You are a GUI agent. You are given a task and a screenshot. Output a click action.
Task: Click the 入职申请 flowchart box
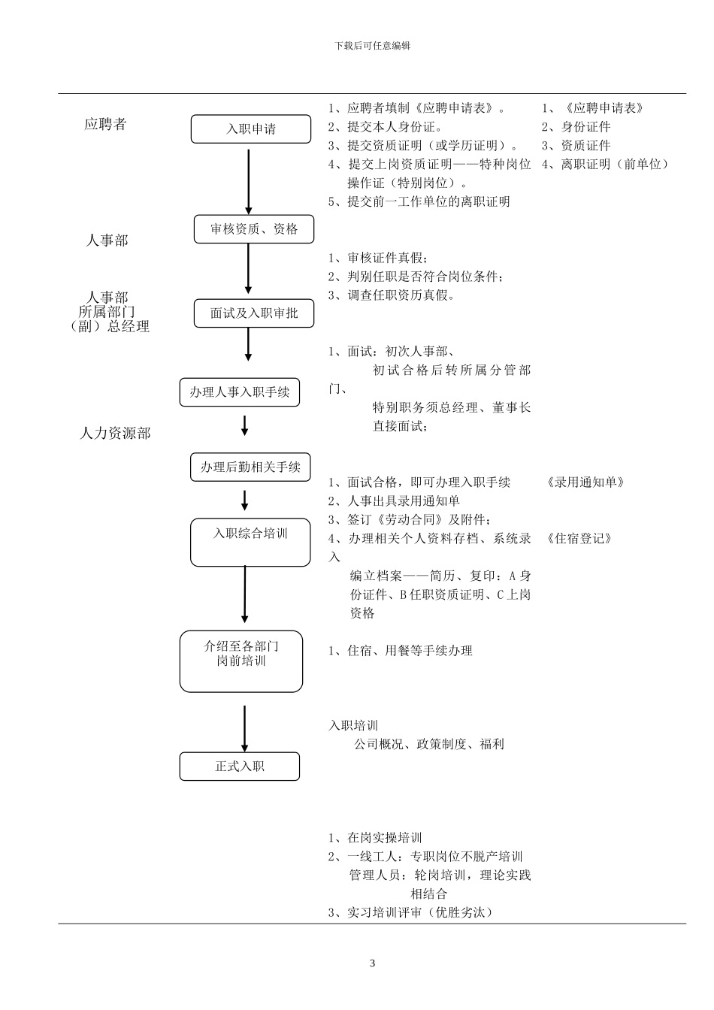click(x=250, y=129)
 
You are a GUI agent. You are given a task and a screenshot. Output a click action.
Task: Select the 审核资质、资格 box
click(x=253, y=229)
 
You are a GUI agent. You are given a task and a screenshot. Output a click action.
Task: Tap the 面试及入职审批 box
click(x=253, y=313)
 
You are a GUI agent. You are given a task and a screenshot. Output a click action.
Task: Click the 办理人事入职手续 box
click(x=239, y=392)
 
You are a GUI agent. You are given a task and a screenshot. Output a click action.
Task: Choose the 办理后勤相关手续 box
click(x=250, y=467)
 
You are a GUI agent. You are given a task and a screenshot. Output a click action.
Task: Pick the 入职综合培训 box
click(x=250, y=542)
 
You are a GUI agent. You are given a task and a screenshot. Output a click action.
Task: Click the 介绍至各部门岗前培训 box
click(x=241, y=661)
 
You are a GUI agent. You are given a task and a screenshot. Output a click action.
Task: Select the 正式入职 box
click(x=239, y=767)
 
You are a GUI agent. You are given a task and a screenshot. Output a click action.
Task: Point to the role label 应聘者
click(x=105, y=124)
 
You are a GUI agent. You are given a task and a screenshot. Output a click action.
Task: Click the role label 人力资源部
click(x=115, y=434)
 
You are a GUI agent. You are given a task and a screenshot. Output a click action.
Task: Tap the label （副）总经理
click(x=109, y=326)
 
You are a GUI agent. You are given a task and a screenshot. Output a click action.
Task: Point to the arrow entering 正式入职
click(x=244, y=727)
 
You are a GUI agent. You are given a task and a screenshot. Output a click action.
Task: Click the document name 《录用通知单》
click(x=585, y=482)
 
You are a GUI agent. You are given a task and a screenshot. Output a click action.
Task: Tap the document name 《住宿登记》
click(x=579, y=539)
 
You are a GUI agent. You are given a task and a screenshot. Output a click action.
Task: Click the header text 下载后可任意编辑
click(x=373, y=45)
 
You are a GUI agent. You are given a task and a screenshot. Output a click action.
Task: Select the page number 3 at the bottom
click(x=372, y=963)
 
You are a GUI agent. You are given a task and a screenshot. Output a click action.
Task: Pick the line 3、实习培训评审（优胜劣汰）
click(x=410, y=913)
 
